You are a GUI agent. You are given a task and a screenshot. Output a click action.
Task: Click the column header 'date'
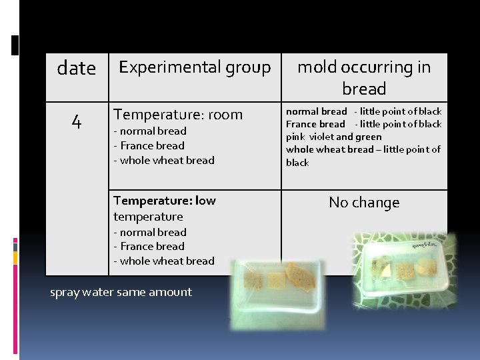coord(76,69)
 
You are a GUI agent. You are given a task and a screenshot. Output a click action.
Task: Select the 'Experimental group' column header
coord(195,67)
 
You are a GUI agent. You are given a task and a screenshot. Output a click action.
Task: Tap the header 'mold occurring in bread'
coord(364,77)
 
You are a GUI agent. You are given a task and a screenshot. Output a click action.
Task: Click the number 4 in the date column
coord(77,122)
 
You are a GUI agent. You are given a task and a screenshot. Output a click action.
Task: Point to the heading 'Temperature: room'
coord(178,115)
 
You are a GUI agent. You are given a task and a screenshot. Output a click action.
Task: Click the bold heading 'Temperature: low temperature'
coord(165,208)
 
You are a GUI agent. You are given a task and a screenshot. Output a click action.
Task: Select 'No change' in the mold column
coord(364,203)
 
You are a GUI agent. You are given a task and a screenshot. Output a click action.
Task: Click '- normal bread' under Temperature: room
coord(150,131)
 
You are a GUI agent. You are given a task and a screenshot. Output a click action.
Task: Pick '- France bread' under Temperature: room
coord(149,145)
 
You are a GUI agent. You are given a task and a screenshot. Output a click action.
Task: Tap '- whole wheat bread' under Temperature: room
coord(164,160)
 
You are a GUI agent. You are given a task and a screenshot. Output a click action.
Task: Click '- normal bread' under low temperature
coord(150,232)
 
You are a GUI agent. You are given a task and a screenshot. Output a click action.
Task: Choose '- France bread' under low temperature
coord(149,246)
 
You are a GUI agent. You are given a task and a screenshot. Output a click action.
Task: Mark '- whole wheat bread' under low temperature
coord(164,261)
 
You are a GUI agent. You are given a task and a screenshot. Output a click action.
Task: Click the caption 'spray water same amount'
coord(121,292)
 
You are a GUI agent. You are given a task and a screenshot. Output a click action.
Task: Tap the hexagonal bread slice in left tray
coord(299,274)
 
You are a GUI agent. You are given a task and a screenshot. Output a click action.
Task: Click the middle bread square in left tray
coord(276,281)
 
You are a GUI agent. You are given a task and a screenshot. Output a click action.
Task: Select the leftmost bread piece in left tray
coord(254,282)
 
